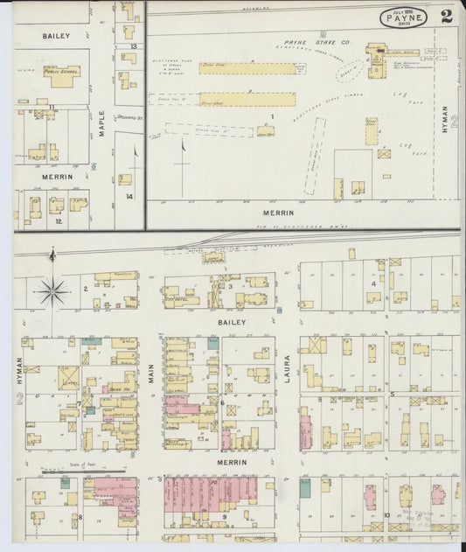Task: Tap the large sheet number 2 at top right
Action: point(447,15)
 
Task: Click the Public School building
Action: point(60,77)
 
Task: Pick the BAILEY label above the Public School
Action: point(55,36)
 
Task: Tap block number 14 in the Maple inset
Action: point(129,197)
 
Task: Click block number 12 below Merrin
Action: point(59,220)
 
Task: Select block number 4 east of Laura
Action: point(372,283)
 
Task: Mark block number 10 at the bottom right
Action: point(386,515)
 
